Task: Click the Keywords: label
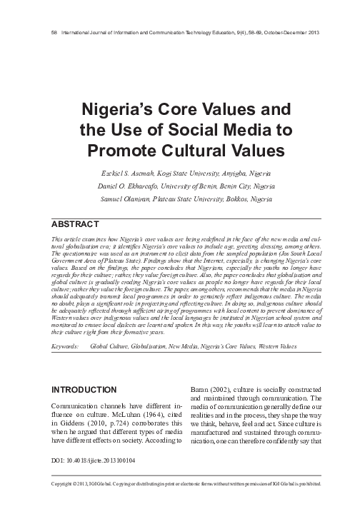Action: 66,346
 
